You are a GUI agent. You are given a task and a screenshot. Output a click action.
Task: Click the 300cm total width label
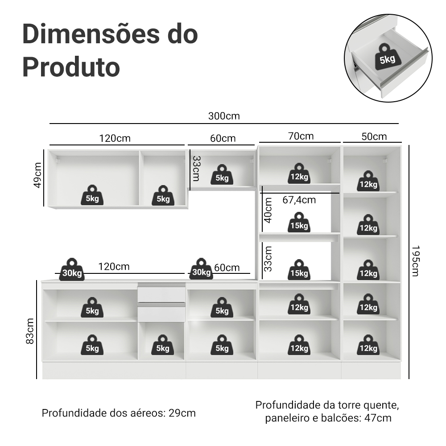coord(224,116)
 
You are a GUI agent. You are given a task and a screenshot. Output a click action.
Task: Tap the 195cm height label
coord(416,261)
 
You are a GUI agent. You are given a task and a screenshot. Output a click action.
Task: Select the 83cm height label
coord(30,331)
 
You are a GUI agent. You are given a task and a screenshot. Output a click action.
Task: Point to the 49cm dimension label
coord(37,175)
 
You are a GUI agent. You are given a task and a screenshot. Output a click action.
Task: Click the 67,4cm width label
coord(299,200)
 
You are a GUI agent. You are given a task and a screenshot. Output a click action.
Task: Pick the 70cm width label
coord(301,136)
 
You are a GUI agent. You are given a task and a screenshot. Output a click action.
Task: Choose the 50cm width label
coord(374,136)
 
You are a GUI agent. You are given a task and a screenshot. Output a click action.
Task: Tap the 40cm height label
coord(268,211)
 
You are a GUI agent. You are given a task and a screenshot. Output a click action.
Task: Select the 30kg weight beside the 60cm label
coord(202,269)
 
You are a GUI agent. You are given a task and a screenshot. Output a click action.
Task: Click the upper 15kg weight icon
coord(299,223)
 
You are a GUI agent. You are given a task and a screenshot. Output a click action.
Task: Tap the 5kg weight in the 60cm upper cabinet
coord(222,175)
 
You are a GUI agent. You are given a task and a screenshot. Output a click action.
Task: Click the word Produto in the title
coord(71,67)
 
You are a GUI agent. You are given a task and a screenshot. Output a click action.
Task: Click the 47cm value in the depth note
coord(378,418)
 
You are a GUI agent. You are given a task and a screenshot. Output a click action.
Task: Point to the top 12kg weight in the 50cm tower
coord(368,181)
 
